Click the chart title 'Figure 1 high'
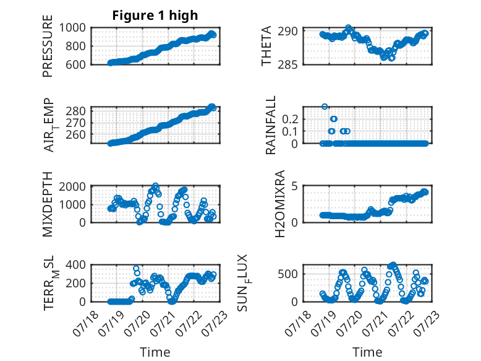point(155,15)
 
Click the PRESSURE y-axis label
point(48,46)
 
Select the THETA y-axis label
point(266,46)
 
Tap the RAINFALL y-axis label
point(271,125)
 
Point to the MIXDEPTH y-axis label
point(48,204)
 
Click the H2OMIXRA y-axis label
point(280,204)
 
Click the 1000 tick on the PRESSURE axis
point(72,28)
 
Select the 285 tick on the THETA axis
point(287,64)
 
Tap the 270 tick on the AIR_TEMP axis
point(76,123)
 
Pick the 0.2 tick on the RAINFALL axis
point(290,119)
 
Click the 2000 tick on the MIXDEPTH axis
point(72,186)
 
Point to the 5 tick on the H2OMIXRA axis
point(294,186)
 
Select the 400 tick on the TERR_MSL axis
point(76,264)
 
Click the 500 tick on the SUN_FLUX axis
point(287,274)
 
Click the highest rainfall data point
point(325,107)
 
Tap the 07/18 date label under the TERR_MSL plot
point(86,323)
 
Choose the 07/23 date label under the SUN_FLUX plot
point(428,323)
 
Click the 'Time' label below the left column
point(155,352)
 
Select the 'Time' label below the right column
point(367,352)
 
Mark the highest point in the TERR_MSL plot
point(136,268)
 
